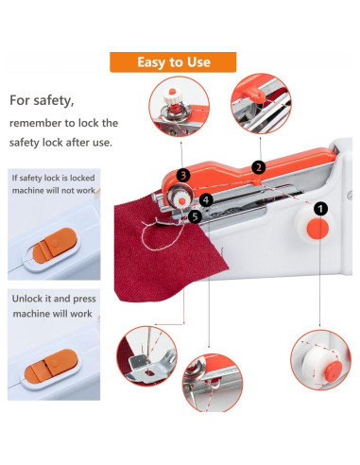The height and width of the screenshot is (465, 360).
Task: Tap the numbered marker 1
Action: tap(321, 208)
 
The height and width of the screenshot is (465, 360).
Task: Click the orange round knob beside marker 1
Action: tap(318, 229)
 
